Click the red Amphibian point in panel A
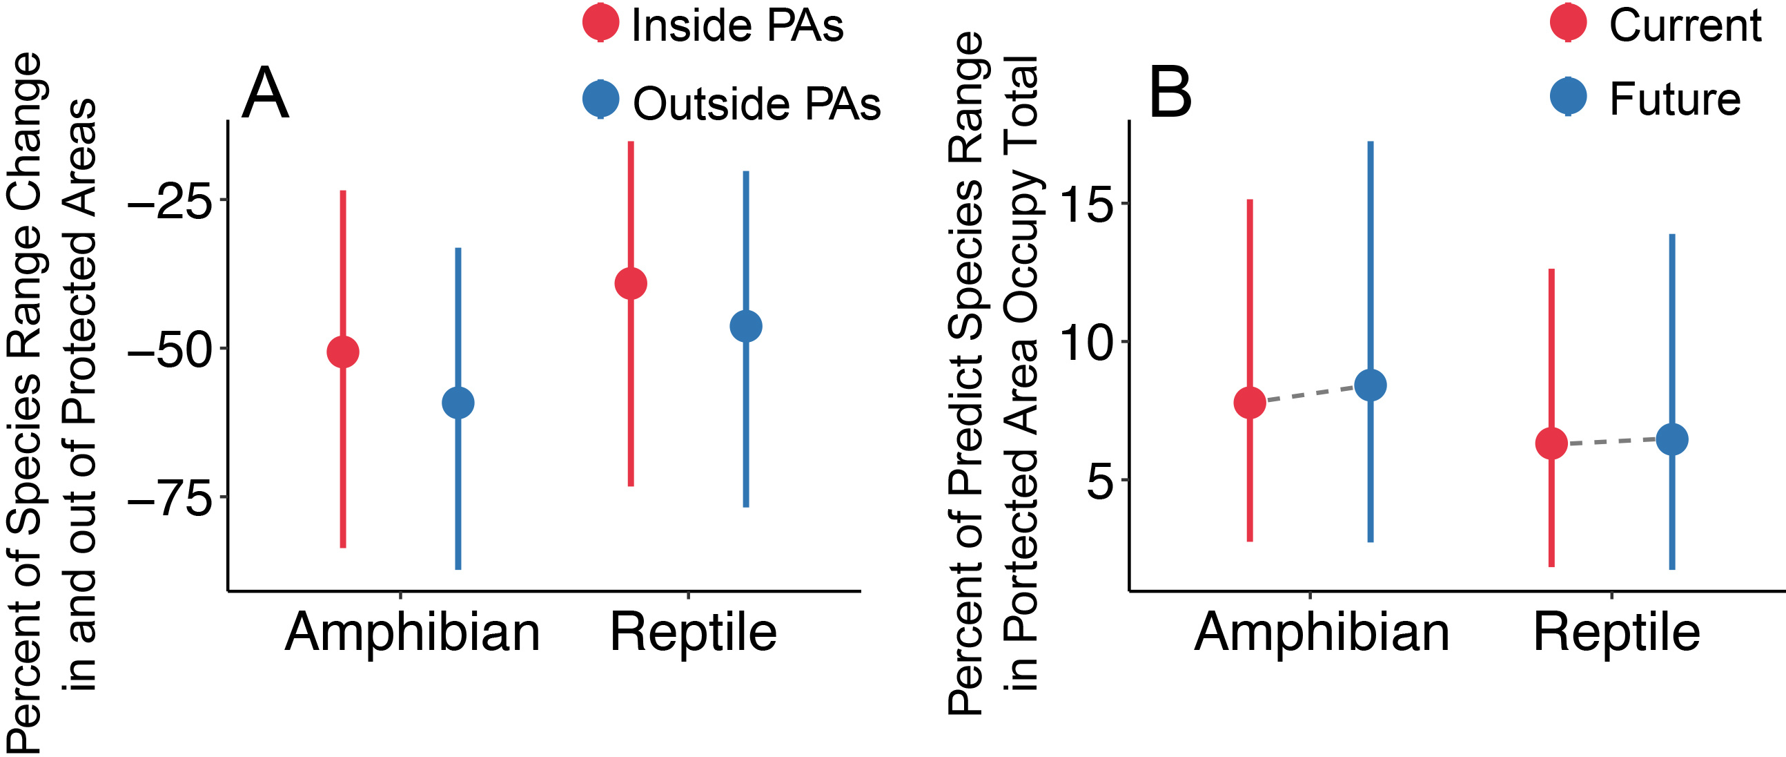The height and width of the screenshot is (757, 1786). pos(342,352)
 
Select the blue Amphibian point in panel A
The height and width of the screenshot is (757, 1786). pos(458,403)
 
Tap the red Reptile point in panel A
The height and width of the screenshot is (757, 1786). pos(631,283)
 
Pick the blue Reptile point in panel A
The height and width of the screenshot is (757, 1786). pos(746,326)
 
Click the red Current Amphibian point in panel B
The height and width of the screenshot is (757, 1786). pos(1249,403)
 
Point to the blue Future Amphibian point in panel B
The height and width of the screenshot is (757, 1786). pos(1371,385)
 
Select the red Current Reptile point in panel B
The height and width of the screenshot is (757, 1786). pos(1551,443)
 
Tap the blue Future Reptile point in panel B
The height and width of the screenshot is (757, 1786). pos(1672,439)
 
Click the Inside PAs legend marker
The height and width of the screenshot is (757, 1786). pos(600,22)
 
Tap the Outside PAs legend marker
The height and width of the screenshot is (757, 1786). pos(600,99)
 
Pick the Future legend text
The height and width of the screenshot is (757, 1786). pos(1674,99)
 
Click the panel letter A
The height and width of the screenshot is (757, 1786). pos(265,94)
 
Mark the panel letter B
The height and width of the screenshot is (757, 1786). pos(1170,93)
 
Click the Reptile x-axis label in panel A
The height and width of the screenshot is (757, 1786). pos(694,632)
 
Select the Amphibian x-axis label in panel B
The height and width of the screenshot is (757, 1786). pos(1322,632)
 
